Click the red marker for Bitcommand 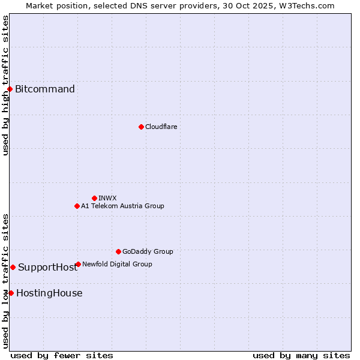click(10, 89)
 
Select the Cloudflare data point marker click(141, 127)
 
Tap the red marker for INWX click(94, 198)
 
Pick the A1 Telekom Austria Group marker click(77, 206)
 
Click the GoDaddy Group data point click(118, 251)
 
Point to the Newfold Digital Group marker click(78, 264)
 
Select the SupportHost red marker click(13, 267)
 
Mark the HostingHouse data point click(11, 293)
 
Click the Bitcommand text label click(45, 89)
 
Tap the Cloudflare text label click(161, 127)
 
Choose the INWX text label click(107, 198)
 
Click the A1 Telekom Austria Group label click(122, 206)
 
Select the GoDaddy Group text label click(148, 251)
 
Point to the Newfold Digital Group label click(117, 264)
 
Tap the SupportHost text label click(47, 267)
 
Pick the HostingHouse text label click(49, 293)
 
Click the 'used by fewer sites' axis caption click(62, 355)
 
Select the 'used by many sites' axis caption click(301, 355)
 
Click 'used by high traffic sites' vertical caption click(5, 85)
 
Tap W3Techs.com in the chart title click(305, 5)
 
